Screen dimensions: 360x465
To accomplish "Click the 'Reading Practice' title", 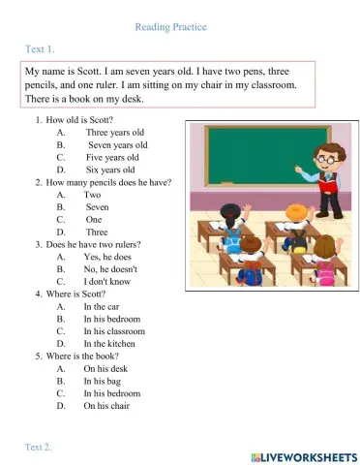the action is pos(170,27).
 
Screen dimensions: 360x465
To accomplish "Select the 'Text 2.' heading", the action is pos(40,446).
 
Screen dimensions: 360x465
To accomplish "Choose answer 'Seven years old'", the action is pos(117,144).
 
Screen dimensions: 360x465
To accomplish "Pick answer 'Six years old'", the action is pos(111,170).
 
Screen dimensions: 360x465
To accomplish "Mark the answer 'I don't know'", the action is pos(105,281).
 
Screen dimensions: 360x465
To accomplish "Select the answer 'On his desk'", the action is pos(105,368).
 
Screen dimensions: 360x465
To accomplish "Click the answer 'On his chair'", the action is pos(105,406).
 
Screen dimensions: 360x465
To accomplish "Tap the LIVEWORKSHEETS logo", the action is pos(304,455).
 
